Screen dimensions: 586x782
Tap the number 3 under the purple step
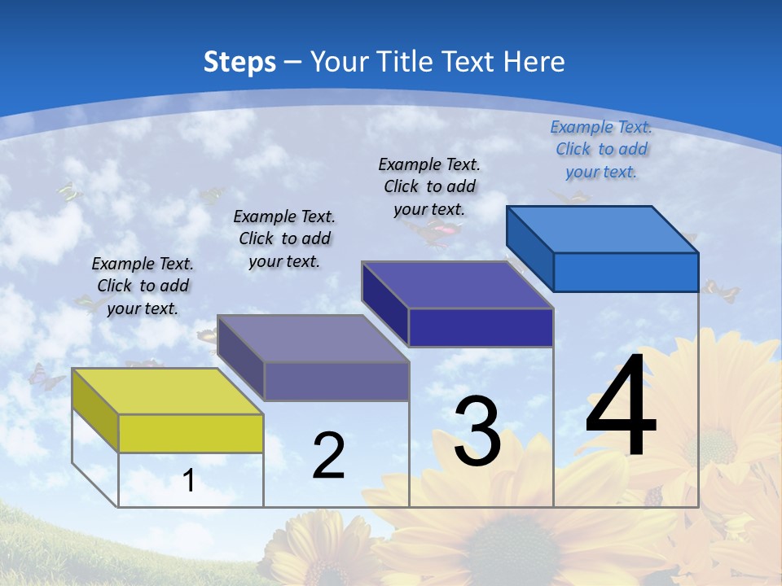(477, 431)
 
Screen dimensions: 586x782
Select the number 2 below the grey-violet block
(329, 456)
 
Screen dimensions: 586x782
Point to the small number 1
(189, 481)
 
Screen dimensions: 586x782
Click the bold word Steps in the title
(239, 62)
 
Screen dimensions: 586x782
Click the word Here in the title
(534, 62)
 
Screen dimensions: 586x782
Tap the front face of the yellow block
(191, 433)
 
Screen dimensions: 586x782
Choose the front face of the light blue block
(626, 272)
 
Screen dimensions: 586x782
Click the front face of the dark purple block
(481, 327)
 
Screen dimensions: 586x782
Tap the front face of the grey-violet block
(336, 381)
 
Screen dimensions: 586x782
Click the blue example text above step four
(601, 149)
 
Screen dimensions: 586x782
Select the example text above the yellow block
(143, 286)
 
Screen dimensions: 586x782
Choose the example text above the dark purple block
(429, 186)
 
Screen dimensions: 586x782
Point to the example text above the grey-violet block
(284, 238)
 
